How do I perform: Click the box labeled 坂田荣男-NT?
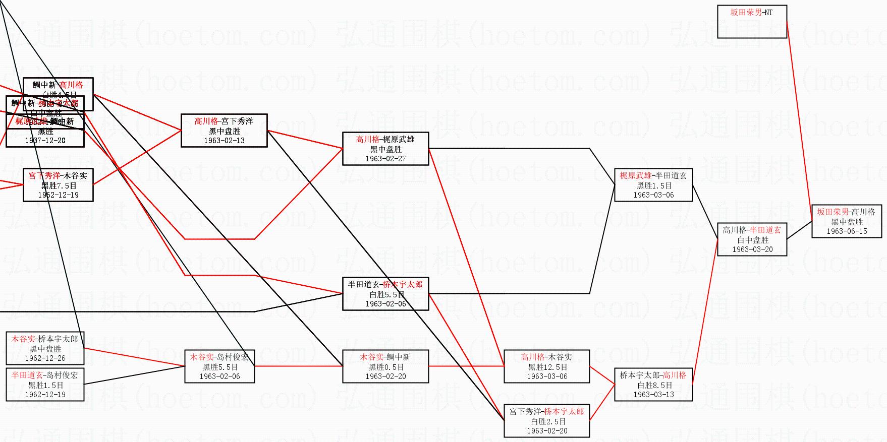[752, 22]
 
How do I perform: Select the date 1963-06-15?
[847, 231]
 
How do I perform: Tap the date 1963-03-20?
[752, 249]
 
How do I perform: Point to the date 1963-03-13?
[653, 395]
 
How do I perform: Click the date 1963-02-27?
[385, 159]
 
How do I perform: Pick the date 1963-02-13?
[224, 141]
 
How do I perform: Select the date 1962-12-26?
[45, 358]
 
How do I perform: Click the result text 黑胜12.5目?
[547, 367]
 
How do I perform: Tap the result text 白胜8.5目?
[653, 385]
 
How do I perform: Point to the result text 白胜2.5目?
[547, 421]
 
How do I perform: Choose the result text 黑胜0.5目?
[385, 367]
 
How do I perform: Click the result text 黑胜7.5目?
[58, 185]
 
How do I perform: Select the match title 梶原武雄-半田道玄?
[653, 175]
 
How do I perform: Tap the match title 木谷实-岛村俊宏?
[219, 357]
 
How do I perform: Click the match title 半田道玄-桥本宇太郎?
[385, 284]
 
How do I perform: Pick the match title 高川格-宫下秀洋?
[224, 121]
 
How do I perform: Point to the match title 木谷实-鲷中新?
[385, 357]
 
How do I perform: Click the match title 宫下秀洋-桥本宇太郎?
[547, 411]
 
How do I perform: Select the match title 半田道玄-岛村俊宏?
[45, 375]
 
